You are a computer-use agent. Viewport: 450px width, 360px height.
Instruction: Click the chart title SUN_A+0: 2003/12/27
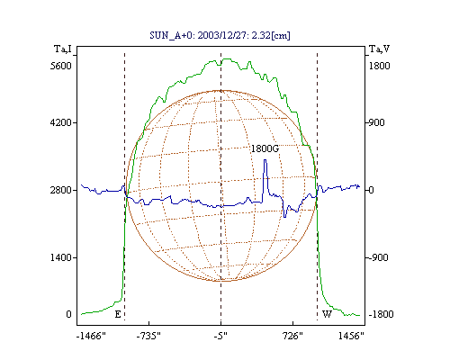[220, 35]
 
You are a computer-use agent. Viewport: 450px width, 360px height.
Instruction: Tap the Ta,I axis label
[63, 49]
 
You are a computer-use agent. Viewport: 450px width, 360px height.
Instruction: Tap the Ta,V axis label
[379, 49]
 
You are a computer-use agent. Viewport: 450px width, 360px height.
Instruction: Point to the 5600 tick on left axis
[61, 66]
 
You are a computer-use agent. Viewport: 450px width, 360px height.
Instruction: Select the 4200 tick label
[61, 122]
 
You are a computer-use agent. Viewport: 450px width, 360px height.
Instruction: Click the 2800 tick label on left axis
[61, 190]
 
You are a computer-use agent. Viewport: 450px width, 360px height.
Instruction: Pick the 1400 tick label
[61, 257]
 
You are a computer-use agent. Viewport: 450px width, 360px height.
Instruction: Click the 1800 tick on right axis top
[379, 66]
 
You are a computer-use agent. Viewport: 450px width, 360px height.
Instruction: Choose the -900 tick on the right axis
[377, 257]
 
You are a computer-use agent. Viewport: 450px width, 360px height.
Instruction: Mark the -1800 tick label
[381, 314]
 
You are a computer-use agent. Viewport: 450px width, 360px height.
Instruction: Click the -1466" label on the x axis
[91, 336]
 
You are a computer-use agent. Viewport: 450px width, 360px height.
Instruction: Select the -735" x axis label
[148, 336]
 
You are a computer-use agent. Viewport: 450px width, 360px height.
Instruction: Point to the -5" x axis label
[220, 336]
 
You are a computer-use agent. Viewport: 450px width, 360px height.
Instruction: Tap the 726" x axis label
[292, 336]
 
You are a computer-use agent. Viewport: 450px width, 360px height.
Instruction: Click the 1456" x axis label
[351, 336]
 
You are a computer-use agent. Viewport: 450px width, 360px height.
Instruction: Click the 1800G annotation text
[265, 148]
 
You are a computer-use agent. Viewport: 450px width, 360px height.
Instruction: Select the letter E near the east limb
[118, 314]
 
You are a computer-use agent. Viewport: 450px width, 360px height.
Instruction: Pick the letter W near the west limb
[327, 314]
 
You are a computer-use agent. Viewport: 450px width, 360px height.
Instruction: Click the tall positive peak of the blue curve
[265, 160]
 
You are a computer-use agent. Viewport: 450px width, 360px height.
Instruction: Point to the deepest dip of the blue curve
[284, 217]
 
